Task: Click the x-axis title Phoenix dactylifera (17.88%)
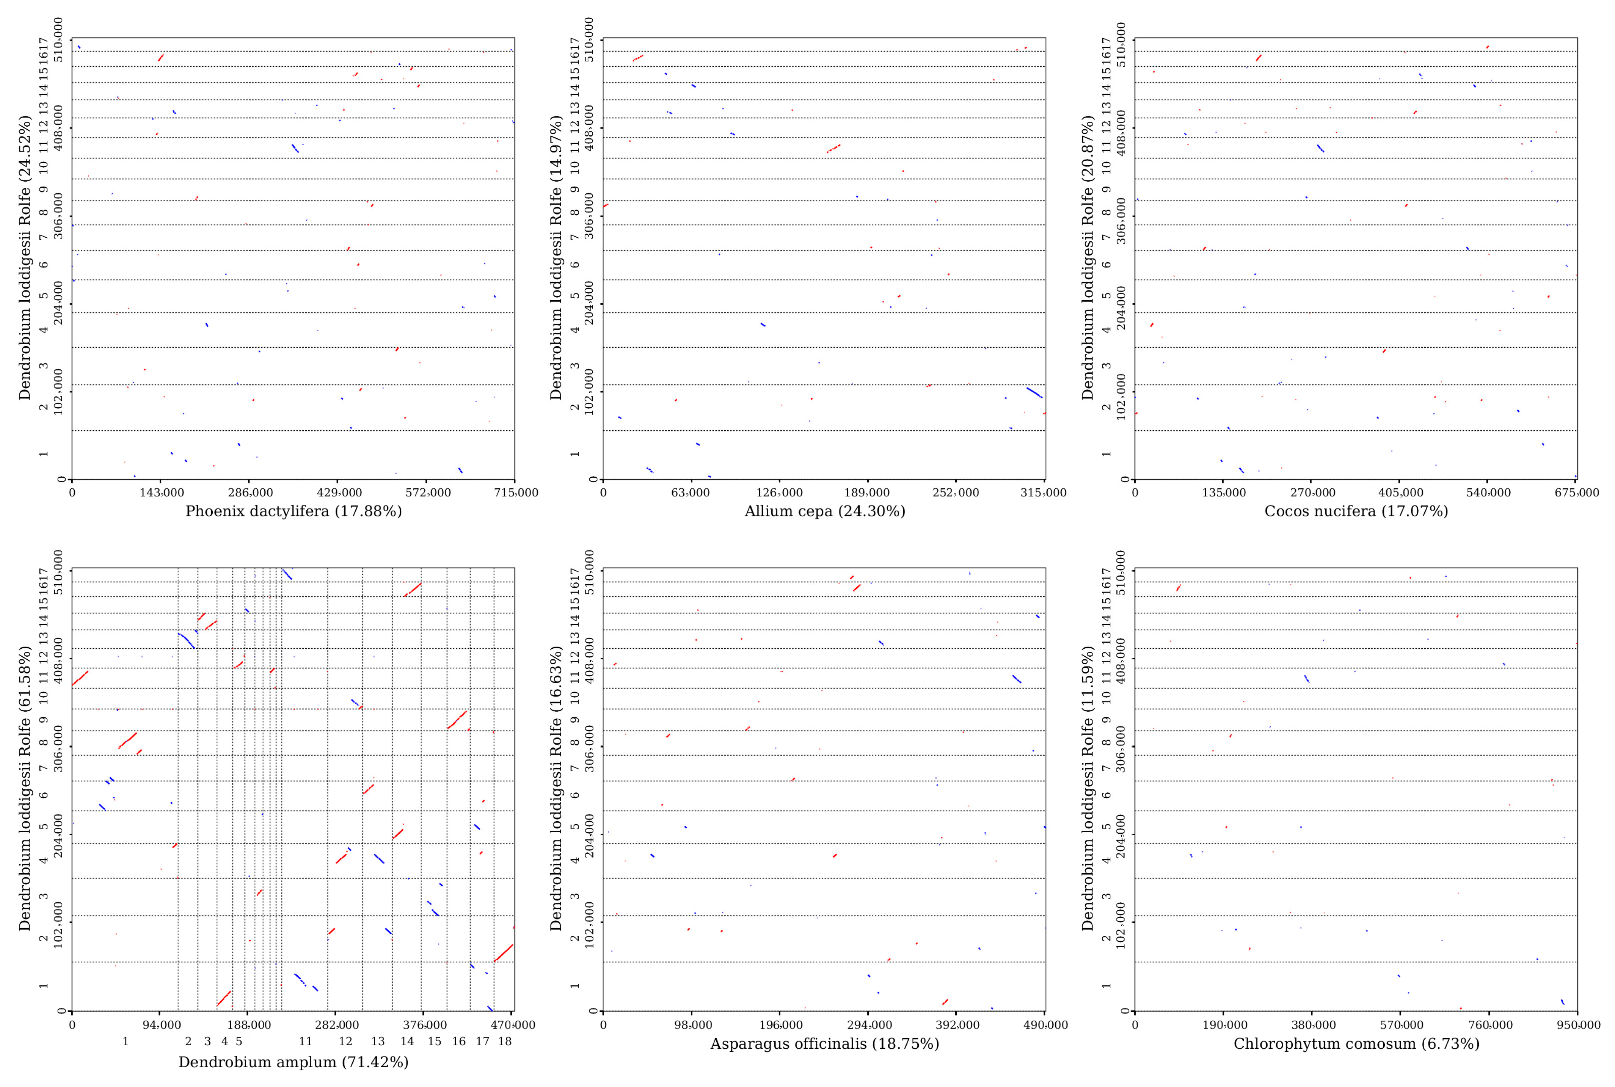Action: [293, 511]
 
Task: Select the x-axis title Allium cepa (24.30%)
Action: [824, 511]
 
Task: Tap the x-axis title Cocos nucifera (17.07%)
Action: [1356, 511]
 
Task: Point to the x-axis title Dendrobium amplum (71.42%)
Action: [293, 1062]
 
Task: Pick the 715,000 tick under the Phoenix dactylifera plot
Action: [516, 493]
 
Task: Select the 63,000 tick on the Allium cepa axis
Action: [691, 493]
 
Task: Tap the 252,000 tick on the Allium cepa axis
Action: [956, 493]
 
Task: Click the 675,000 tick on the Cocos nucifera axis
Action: [1577, 493]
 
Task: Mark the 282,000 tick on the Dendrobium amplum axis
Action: [336, 1024]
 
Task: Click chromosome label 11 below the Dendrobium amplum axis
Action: [305, 1041]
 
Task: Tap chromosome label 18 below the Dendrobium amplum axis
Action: [505, 1041]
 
